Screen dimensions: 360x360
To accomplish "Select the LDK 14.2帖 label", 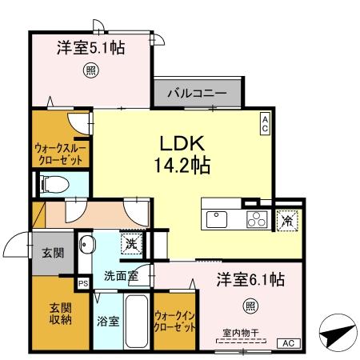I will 183,154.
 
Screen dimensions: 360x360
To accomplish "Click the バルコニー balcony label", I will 197,94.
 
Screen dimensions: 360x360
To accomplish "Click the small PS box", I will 82,282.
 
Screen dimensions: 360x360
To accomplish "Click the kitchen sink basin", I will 218,218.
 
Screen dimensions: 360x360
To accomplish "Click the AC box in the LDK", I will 265,122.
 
